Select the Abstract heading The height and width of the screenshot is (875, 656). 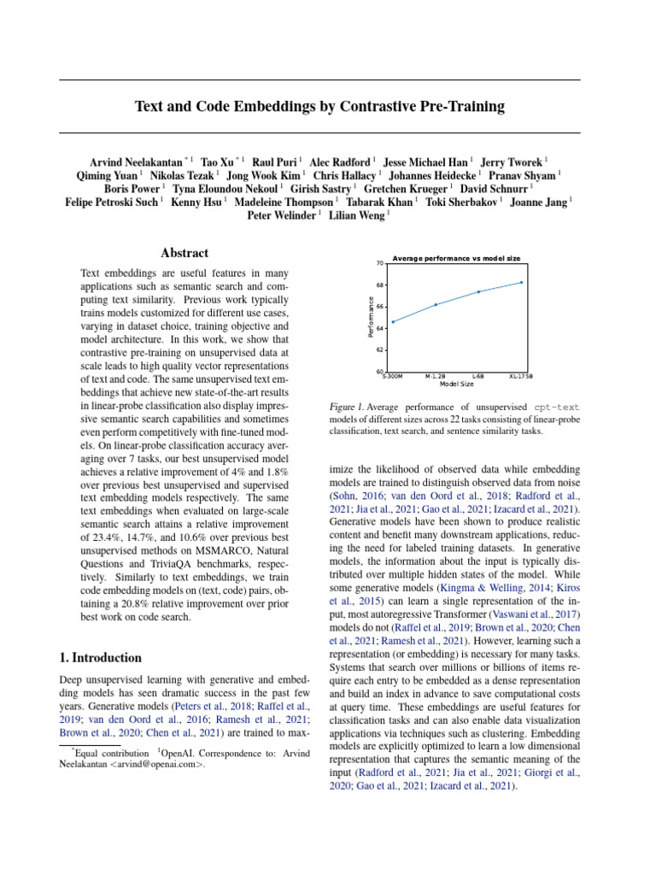click(184, 253)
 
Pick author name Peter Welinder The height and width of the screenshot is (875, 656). click(282, 216)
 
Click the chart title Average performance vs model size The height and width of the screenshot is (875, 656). click(456, 258)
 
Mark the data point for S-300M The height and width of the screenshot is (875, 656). click(393, 322)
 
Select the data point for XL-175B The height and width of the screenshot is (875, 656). click(521, 282)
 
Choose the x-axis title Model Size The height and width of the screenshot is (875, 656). click(457, 384)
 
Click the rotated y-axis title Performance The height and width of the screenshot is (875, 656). click(371, 317)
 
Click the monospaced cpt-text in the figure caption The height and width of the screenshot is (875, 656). click(558, 408)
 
